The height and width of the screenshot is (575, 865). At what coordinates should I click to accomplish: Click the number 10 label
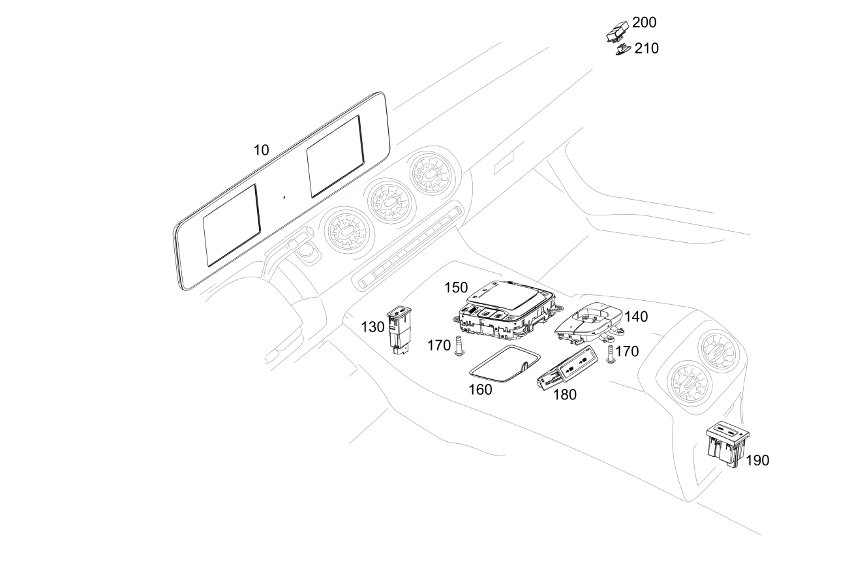[x=261, y=150]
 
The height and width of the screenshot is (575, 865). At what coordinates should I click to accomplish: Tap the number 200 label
[x=644, y=23]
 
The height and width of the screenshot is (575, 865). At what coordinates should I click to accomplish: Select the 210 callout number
[x=646, y=48]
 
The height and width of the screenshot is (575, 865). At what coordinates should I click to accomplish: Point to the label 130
[x=372, y=327]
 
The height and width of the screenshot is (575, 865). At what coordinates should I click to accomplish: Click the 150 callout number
[x=457, y=288]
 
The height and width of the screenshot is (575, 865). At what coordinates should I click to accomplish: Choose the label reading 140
[x=636, y=317]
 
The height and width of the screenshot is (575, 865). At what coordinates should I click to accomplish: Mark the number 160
[x=480, y=390]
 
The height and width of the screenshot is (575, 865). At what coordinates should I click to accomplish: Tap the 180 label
[x=564, y=395]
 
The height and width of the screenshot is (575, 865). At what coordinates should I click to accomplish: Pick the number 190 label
[x=757, y=461]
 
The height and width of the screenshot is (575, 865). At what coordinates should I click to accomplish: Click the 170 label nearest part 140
[x=627, y=352]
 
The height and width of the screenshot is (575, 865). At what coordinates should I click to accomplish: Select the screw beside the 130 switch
[x=458, y=345]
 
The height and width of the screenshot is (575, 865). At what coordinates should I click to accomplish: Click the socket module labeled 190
[x=727, y=444]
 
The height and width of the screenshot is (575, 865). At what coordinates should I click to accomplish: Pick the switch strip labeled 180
[x=565, y=371]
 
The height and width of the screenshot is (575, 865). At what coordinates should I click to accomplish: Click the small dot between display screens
[x=284, y=196]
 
